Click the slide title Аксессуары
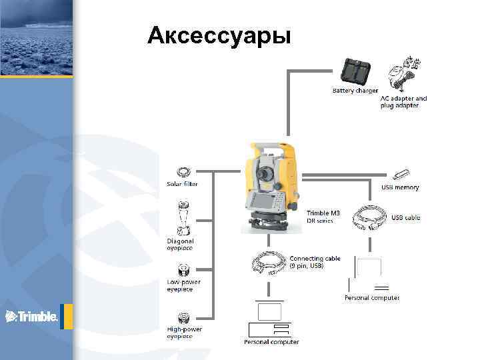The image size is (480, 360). tap(219, 35)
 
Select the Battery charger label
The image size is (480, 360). tap(355, 90)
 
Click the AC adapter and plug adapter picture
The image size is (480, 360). tap(404, 74)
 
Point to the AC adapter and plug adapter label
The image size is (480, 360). tap(403, 102)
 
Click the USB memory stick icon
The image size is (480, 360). tap(401, 175)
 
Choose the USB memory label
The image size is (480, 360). tap(400, 187)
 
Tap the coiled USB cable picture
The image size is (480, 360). tap(368, 217)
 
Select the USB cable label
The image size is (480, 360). tap(405, 217)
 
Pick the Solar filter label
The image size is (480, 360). tap(182, 183)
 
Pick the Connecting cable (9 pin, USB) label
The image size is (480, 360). tap(315, 262)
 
